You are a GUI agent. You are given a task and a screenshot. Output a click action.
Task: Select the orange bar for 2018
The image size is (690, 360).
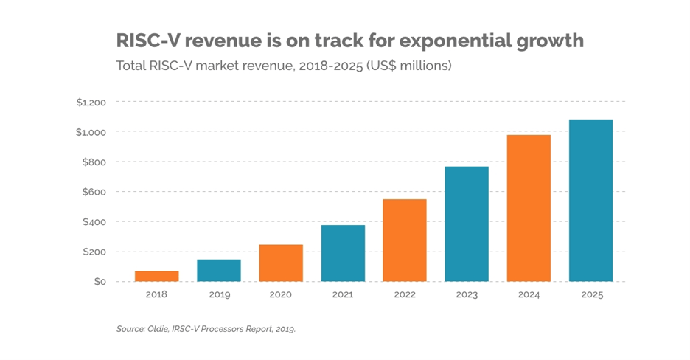click(x=156, y=276)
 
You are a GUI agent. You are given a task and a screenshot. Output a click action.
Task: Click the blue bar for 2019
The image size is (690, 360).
click(x=218, y=270)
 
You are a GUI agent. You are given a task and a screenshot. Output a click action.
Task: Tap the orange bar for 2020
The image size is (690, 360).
click(x=280, y=263)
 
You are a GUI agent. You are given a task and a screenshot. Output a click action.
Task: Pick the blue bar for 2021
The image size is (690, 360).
click(x=342, y=253)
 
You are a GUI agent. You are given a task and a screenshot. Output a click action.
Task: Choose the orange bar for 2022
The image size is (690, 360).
click(x=404, y=240)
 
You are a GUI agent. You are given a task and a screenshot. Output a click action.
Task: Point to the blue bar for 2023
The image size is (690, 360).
click(x=467, y=224)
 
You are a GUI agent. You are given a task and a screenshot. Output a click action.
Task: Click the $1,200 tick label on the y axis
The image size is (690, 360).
click(x=91, y=102)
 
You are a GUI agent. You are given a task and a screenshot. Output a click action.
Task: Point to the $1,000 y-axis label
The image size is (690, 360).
click(x=91, y=131)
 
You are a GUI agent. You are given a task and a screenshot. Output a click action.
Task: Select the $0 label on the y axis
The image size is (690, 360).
click(x=100, y=282)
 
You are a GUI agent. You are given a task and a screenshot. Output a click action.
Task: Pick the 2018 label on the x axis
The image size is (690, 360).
click(x=156, y=295)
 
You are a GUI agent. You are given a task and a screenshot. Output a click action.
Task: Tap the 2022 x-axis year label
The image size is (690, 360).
click(x=404, y=295)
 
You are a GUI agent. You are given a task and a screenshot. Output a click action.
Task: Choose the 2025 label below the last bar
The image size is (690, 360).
click(x=590, y=295)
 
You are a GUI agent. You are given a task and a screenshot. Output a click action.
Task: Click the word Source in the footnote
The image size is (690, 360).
click(x=130, y=329)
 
